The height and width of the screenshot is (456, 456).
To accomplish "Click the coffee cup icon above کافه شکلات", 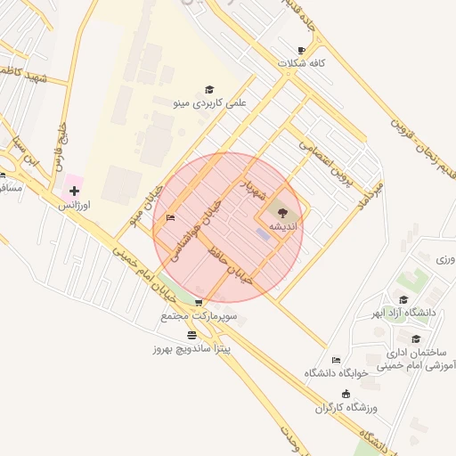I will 301,50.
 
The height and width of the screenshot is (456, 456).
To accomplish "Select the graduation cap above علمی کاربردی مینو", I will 209,89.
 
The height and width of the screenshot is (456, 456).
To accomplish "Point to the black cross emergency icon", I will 74,191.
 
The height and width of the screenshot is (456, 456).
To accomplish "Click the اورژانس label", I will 75,205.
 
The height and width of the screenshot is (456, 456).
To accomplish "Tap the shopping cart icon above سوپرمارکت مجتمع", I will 198,303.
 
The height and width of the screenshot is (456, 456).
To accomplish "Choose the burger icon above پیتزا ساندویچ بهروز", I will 191,335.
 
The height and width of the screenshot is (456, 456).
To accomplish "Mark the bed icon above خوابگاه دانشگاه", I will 335,359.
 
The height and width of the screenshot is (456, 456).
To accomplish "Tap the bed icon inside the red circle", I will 170,217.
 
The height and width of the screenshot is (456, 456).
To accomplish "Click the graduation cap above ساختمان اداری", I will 416,338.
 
